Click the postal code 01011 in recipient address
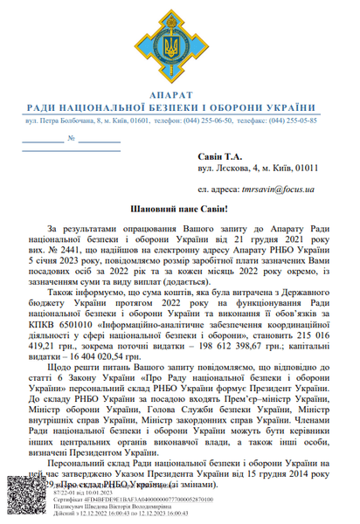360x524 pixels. point(305,168)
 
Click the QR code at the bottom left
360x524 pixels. point(24,498)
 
